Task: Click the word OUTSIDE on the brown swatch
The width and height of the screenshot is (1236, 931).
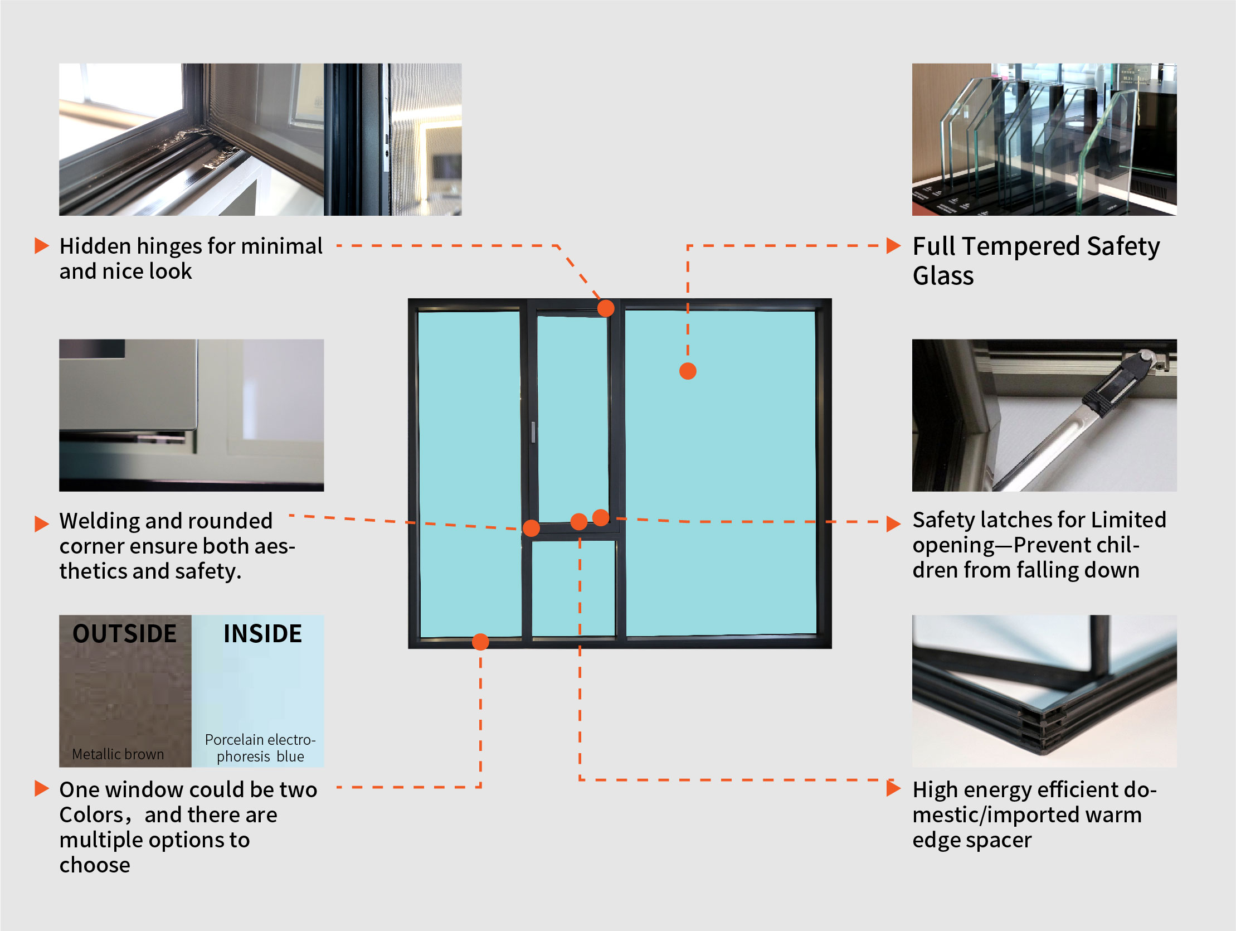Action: coord(125,633)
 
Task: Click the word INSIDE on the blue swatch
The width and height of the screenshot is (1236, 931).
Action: coord(262,633)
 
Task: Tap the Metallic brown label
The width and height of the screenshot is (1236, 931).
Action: coord(118,754)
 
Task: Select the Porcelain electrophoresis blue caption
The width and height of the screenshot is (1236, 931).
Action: coord(260,748)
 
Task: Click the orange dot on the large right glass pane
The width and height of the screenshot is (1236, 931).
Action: coord(688,371)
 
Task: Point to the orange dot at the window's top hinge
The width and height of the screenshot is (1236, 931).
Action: coord(606,308)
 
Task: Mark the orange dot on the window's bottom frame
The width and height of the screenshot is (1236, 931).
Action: coord(480,641)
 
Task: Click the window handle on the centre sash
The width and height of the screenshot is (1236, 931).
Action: coord(534,431)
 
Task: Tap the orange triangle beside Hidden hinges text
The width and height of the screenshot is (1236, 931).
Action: coord(42,245)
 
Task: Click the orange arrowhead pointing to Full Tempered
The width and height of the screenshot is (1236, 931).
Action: coord(893,245)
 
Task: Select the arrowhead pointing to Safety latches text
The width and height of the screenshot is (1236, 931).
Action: coord(893,523)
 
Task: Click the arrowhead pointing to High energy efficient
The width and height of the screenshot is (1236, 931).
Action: coord(893,788)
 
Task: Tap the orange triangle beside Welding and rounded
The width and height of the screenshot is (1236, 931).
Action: coord(42,523)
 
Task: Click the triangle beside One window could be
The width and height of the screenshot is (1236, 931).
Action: coord(42,788)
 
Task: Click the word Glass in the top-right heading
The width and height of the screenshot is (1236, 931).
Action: coord(943,275)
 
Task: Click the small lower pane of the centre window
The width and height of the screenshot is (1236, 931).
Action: coord(573,588)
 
